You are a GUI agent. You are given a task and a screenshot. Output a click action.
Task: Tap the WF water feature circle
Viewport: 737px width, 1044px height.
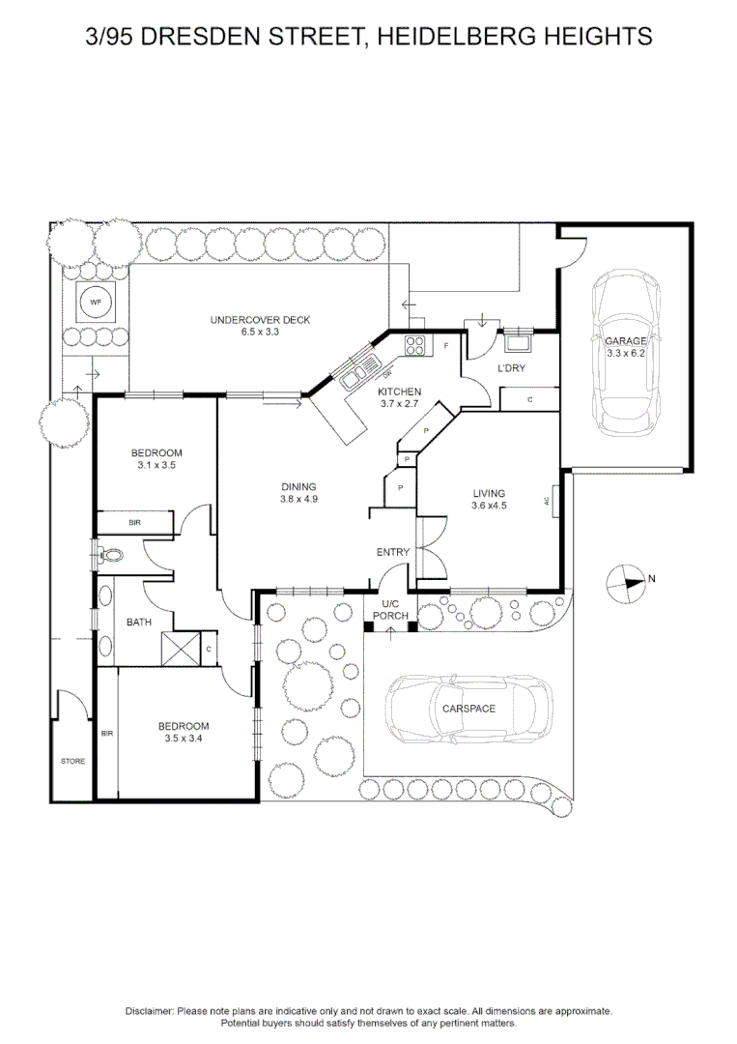click(x=95, y=304)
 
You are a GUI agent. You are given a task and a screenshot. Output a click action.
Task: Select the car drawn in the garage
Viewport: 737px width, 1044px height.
click(x=624, y=353)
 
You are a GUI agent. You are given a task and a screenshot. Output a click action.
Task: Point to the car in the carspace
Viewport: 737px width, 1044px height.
click(x=468, y=709)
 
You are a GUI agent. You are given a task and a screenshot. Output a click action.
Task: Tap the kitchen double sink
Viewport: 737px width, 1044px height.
click(x=351, y=370)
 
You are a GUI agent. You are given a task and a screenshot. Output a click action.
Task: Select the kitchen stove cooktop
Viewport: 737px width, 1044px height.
click(x=416, y=343)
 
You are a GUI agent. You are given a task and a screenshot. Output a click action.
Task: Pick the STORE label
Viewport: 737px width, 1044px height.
click(x=72, y=762)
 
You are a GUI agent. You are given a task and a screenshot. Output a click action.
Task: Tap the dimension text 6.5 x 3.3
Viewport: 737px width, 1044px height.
click(x=261, y=332)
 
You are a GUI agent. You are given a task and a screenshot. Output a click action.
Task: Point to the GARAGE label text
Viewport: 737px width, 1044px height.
click(x=625, y=342)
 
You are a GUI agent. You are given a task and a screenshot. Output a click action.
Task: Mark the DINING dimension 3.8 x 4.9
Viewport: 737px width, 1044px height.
click(x=298, y=500)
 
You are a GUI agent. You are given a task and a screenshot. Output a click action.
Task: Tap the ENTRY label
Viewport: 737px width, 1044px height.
click(x=393, y=552)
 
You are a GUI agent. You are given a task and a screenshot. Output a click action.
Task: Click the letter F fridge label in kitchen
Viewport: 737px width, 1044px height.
click(x=446, y=345)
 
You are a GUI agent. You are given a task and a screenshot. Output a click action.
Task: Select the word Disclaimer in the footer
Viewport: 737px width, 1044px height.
click(x=149, y=1010)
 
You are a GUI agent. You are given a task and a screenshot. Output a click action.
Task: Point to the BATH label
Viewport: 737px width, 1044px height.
click(x=138, y=623)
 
